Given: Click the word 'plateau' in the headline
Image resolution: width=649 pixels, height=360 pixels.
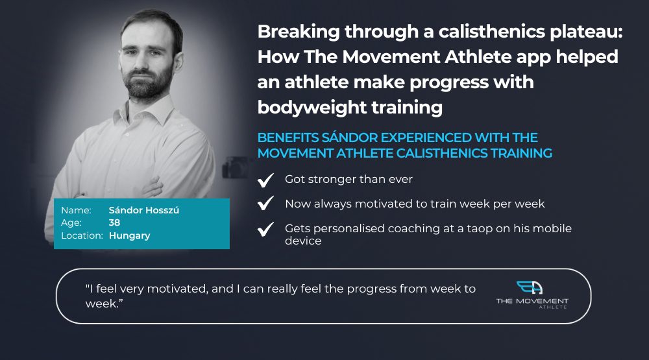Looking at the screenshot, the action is (585, 32).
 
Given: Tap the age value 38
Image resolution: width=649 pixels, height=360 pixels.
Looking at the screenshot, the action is (114, 222).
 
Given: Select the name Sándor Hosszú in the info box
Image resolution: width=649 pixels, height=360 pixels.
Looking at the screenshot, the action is (144, 210).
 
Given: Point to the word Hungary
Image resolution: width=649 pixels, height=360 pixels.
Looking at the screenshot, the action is (130, 236).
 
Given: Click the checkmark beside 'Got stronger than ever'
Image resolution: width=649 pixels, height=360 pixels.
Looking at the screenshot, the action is (265, 180).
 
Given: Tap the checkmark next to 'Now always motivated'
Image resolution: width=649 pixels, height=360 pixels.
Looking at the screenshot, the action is (265, 203).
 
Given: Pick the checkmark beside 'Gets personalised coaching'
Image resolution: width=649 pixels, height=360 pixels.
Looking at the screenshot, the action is (265, 229).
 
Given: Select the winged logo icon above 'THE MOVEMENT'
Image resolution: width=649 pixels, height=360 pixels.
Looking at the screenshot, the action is (530, 287).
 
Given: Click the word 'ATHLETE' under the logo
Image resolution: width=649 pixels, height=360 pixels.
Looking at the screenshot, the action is (553, 307).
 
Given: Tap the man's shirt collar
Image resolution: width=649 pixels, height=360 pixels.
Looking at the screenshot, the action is (149, 111).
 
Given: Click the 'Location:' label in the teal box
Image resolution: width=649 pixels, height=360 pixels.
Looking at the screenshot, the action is (82, 235).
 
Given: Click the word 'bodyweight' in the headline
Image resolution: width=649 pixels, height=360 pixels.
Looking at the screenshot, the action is (312, 108).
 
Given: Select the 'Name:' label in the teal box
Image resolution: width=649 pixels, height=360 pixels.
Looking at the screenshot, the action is (76, 210).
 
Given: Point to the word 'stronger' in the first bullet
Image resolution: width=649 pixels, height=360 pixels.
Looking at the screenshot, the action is (332, 180).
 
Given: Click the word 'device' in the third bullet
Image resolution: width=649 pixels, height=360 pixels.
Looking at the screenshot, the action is (303, 241).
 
